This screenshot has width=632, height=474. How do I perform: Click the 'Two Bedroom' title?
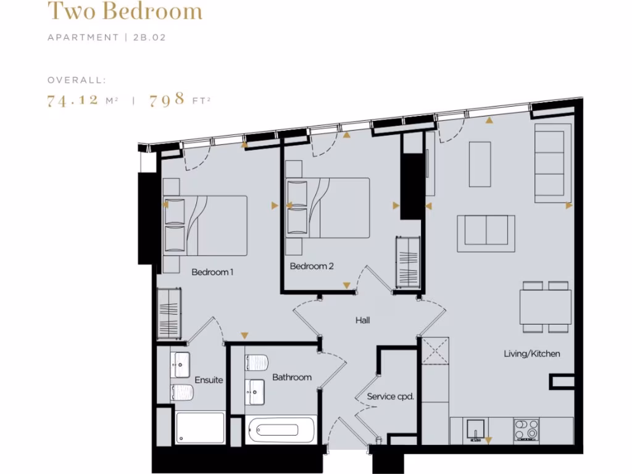pyautogui.click(x=125, y=11)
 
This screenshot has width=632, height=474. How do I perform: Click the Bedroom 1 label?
pyautogui.click(x=212, y=272)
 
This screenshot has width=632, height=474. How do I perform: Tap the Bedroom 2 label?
pyautogui.click(x=312, y=266)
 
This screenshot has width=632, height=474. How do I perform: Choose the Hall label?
pyautogui.click(x=362, y=320)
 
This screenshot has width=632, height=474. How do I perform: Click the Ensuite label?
pyautogui.click(x=209, y=380)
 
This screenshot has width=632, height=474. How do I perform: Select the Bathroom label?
pyautogui.click(x=292, y=377)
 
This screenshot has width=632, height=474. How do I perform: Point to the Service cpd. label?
pyautogui.click(x=390, y=396)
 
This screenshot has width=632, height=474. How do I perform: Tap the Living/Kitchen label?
pyautogui.click(x=532, y=354)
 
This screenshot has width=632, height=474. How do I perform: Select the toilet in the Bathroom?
pyautogui.click(x=256, y=362)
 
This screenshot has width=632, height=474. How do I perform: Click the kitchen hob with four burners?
pyautogui.click(x=526, y=428)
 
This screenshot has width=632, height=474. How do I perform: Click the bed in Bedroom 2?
pyautogui.click(x=333, y=207)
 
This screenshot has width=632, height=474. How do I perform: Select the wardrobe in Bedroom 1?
pyautogui.click(x=168, y=313)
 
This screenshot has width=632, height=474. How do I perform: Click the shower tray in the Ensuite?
pyautogui.click(x=201, y=428)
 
